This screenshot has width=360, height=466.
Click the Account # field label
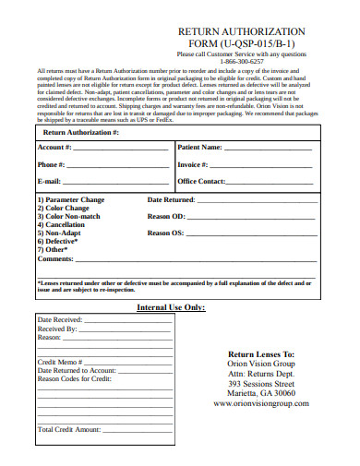[54, 148]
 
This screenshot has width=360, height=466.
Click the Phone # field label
[52, 164]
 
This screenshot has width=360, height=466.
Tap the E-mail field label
[50, 182]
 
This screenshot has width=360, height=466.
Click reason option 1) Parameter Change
[71, 199]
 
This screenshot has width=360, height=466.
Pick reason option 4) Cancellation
[61, 224]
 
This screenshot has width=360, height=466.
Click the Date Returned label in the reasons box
[171, 199]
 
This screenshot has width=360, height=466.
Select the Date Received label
[61, 319]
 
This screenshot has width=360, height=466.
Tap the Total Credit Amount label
[68, 429]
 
